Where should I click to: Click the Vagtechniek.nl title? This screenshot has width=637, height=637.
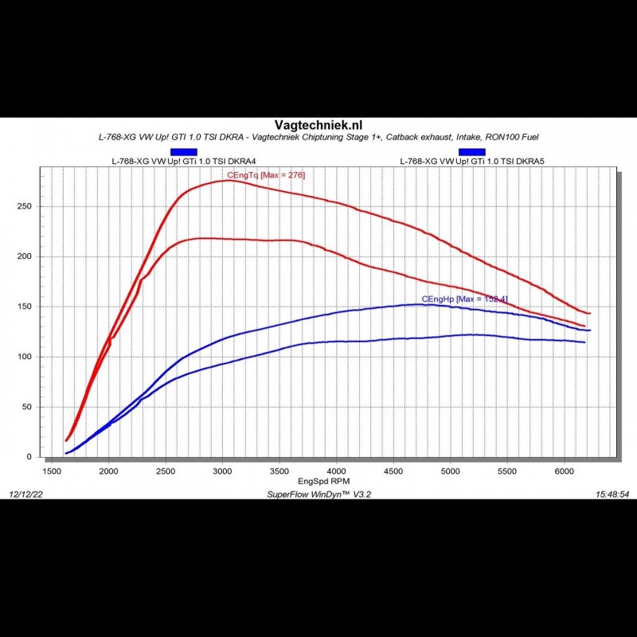(318, 125)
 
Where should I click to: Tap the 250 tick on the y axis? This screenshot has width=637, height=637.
(25, 206)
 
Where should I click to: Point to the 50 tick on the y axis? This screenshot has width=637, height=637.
(28, 407)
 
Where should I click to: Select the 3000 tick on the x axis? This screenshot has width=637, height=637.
(223, 471)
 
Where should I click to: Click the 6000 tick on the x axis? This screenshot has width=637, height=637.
(565, 471)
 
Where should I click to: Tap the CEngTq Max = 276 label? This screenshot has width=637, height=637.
(266, 174)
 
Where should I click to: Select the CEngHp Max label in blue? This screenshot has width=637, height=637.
(464, 299)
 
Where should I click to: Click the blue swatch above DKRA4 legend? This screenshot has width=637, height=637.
(184, 151)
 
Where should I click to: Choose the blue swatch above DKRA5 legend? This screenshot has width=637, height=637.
(471, 151)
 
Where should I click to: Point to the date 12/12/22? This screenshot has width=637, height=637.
(26, 494)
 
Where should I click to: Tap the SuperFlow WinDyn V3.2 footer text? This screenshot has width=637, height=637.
(318, 494)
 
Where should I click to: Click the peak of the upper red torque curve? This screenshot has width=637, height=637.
(228, 181)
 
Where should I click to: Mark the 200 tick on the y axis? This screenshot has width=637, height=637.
(25, 256)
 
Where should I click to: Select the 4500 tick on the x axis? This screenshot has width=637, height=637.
(393, 471)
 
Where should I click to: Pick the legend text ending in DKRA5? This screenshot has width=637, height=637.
(471, 162)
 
